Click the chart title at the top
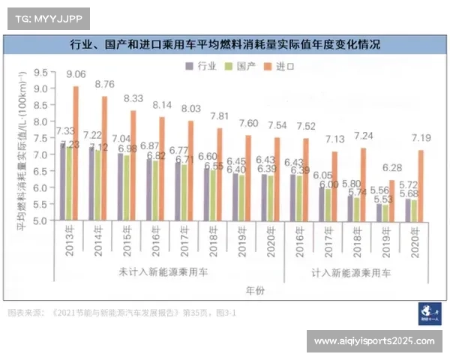224,44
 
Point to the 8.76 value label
104,85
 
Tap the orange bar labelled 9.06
76,153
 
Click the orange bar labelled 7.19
421,184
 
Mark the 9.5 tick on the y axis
40,73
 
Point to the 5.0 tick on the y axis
40,220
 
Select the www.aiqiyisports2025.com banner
373,341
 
